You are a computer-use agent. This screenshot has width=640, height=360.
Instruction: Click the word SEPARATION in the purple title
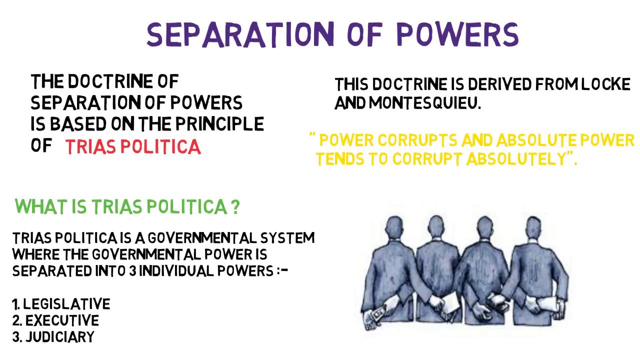point(240,35)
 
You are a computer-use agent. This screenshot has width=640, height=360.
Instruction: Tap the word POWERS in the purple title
point(457,35)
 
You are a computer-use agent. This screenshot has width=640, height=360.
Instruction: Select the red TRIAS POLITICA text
point(133,146)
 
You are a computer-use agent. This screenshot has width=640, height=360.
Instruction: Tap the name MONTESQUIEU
point(424,103)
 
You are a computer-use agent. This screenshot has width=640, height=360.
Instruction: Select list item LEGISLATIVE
point(66,304)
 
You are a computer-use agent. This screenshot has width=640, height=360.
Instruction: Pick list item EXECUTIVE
point(62,320)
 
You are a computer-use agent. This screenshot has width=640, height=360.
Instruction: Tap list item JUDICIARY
point(59,337)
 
